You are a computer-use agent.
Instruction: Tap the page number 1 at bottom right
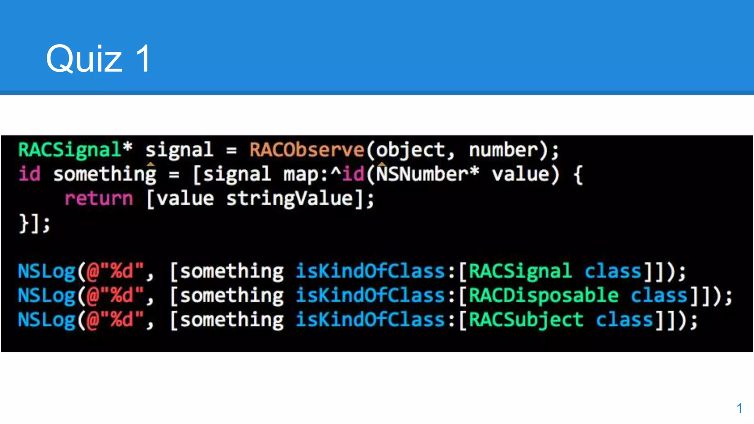click(739, 408)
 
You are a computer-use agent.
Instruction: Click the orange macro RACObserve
click(307, 150)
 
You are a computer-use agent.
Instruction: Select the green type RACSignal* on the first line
click(75, 150)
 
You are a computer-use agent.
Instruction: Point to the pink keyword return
click(99, 198)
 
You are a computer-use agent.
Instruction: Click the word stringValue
click(289, 198)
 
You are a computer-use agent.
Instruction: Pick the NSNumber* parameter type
click(427, 174)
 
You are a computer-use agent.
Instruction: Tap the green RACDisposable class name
click(543, 296)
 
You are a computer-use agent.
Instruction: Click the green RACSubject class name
click(526, 320)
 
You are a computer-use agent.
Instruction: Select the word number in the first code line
click(503, 150)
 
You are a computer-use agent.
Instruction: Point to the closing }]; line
click(35, 223)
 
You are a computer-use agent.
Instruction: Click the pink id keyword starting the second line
click(29, 174)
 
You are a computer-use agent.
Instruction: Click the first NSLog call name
click(46, 271)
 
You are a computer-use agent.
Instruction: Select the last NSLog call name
click(46, 320)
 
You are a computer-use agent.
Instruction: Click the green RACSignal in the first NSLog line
click(520, 271)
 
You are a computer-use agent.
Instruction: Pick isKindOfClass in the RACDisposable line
click(370, 296)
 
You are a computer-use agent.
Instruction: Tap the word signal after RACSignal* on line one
click(179, 150)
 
